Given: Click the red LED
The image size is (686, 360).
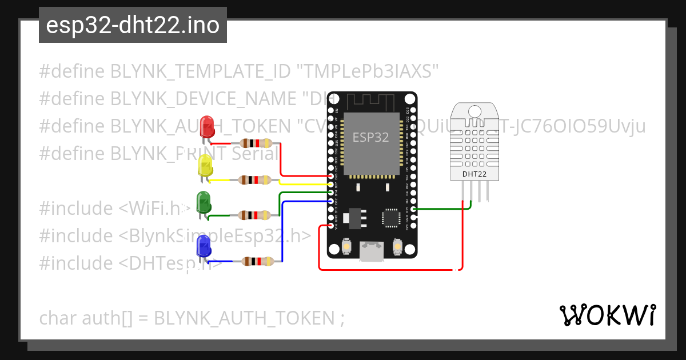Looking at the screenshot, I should point(206,126).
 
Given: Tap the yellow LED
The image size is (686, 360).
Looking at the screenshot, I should point(205,165).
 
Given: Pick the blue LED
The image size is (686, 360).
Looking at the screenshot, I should point(203,246).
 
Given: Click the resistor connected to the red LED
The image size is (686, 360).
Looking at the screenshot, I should point(256,143).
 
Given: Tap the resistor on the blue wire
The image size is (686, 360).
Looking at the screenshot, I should point(258,261).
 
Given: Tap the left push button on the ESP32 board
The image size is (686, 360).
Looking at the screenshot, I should point(346,246).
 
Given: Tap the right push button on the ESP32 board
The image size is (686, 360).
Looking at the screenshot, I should point(397,246).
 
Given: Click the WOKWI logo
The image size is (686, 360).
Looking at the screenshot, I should point(607,315).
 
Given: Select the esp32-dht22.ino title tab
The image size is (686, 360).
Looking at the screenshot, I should point(133,25).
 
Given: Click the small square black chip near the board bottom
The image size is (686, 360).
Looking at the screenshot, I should point(392,217).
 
